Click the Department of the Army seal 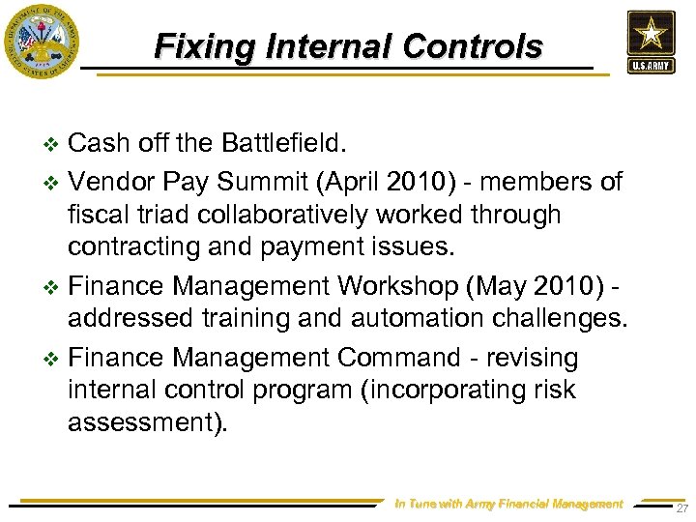41,42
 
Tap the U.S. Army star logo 651,42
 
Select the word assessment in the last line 142,423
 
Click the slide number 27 682,507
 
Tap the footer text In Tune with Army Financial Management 509,504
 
